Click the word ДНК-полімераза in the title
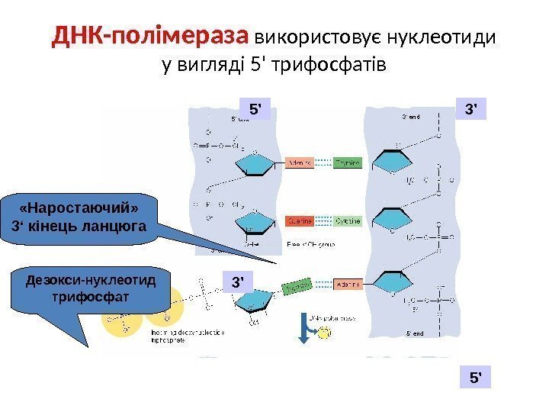point(151,37)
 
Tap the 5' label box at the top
point(255,109)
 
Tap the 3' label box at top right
point(471,109)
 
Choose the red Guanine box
point(299,221)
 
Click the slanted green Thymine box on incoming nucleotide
point(297,286)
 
